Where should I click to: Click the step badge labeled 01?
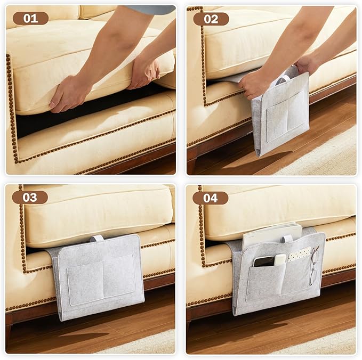tap(30, 19)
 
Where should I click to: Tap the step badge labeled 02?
tap(211, 19)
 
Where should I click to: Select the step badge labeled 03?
tap(30, 198)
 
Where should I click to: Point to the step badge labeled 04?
tap(210, 198)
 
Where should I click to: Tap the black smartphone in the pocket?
tap(264, 261)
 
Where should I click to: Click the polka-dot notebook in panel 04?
tap(299, 254)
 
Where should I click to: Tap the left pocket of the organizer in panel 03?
tap(85, 283)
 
